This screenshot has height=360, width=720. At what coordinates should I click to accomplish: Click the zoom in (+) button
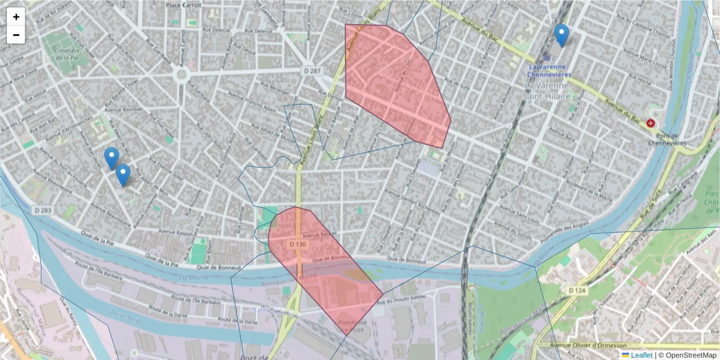click(x=16, y=17)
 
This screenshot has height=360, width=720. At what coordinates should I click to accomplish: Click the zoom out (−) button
click(x=16, y=35)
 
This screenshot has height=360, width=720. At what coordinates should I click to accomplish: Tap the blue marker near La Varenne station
click(x=562, y=35)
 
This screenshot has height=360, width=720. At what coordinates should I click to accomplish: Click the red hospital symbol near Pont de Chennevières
click(x=650, y=123)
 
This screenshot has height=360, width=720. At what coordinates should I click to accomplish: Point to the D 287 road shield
click(x=312, y=71)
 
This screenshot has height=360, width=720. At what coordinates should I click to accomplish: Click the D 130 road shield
click(x=298, y=245)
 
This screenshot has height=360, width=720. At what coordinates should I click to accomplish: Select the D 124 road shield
click(x=577, y=290)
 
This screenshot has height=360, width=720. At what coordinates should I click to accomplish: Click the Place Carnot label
click(x=184, y=5)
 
